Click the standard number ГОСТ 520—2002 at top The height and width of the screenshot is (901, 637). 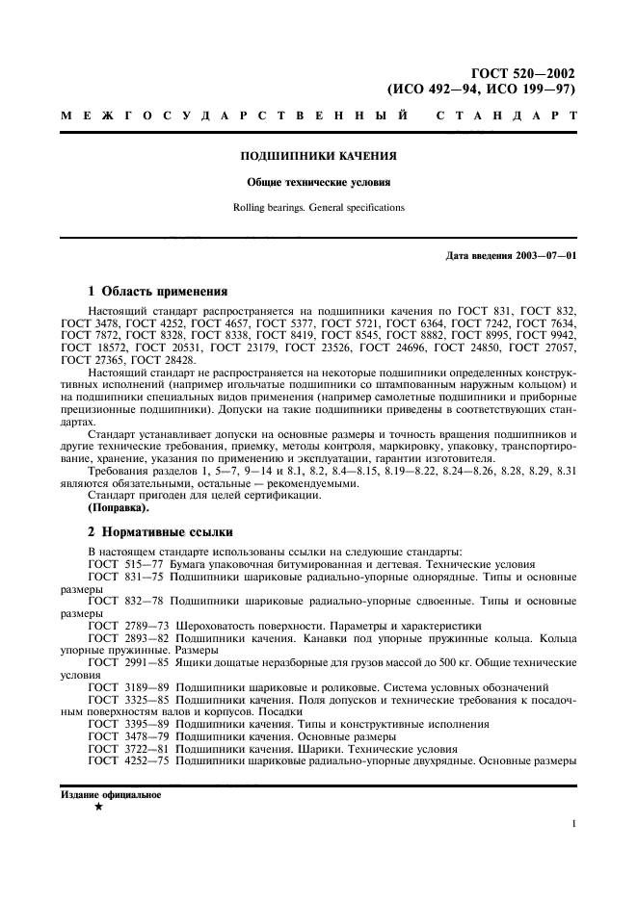click(524, 72)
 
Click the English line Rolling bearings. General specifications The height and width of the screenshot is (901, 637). click(318, 207)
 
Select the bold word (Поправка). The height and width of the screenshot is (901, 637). click(119, 506)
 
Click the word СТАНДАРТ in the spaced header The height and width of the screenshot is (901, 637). click(506, 116)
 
